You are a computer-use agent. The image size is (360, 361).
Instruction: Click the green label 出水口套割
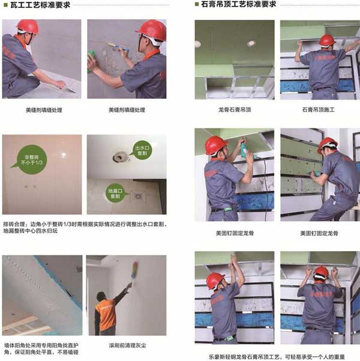pyautogui.click(x=142, y=148)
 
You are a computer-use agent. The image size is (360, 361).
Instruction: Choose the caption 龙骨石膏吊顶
pyautogui.click(x=234, y=110)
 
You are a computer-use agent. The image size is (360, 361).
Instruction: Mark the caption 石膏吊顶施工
pyautogui.click(x=319, y=110)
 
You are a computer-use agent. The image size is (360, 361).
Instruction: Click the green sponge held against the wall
pyautogui.click(x=92, y=62)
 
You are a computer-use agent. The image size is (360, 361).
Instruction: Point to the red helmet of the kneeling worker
pyautogui.click(x=27, y=26)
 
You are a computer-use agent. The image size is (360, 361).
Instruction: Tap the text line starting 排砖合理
pyautogui.click(x=84, y=225)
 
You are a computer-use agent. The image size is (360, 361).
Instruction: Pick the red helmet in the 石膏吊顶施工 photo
pyautogui.click(x=326, y=40)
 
